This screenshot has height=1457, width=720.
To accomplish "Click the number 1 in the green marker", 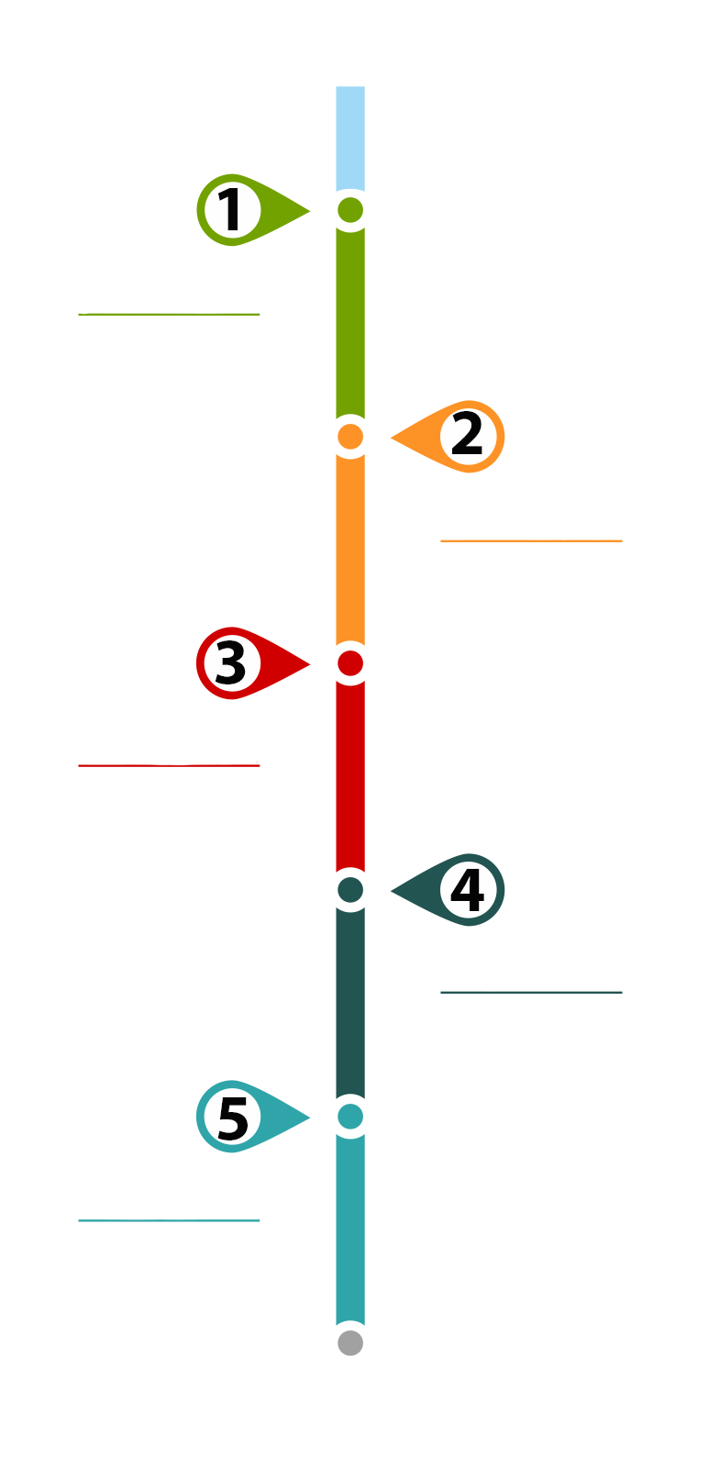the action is [x=229, y=209].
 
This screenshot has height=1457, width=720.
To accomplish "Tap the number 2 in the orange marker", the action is [x=467, y=434].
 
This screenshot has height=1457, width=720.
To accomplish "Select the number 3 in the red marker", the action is [x=231, y=662].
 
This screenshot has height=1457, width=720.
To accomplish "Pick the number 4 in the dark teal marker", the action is [x=468, y=890].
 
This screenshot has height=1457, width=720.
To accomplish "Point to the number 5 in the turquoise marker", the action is [x=233, y=1118].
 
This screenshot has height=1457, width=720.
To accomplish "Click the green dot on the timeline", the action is [x=350, y=210].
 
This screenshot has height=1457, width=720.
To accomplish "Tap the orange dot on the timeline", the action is [x=350, y=437].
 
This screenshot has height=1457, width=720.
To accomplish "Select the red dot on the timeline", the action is [x=350, y=663].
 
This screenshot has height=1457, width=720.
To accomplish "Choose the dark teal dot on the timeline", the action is [x=350, y=890].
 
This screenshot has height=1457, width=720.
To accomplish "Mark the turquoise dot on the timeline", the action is [x=350, y=1117].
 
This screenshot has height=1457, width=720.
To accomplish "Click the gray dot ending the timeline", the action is [x=350, y=1343].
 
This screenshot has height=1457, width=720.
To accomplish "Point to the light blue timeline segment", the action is [x=350, y=138].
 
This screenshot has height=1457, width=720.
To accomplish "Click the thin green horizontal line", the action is [x=169, y=314].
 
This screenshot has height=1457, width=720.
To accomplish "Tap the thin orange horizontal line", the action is [x=531, y=540].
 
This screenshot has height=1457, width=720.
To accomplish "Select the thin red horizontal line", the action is [x=169, y=765].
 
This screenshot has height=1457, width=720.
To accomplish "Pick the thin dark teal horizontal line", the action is [x=531, y=993].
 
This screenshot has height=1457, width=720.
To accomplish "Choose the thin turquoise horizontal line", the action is [x=169, y=1220].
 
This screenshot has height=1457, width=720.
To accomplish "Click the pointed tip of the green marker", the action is [x=310, y=210].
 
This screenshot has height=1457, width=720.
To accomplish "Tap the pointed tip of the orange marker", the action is [x=391, y=437].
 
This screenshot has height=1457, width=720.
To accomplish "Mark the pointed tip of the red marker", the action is [x=310, y=664].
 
